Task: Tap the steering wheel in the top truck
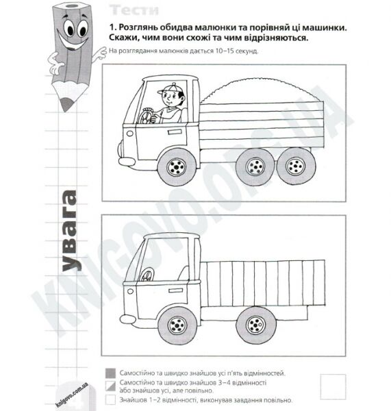[147, 116]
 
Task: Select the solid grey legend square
[110, 373]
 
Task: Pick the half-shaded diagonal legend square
[110, 385]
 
